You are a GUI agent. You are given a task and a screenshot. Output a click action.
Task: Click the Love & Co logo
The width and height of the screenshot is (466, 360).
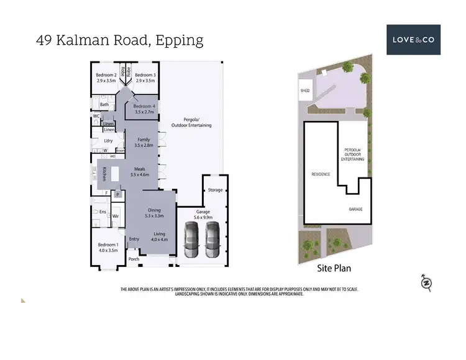[x=413, y=40]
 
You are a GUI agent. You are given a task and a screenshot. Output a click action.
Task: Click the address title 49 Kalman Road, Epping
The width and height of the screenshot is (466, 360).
[x=120, y=41]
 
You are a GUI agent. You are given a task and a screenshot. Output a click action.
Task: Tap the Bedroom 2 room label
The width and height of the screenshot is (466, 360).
[x=107, y=78]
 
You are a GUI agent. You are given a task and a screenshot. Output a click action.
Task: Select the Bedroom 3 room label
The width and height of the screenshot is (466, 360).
[x=145, y=78]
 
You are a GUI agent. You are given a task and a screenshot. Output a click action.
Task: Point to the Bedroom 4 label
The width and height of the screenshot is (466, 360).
[x=145, y=109]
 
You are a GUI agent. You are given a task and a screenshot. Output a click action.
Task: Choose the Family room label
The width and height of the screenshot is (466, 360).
[x=144, y=142]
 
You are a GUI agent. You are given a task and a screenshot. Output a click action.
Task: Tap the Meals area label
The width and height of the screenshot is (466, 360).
[x=137, y=172]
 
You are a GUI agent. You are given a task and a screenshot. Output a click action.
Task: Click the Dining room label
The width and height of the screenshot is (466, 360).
[x=154, y=213]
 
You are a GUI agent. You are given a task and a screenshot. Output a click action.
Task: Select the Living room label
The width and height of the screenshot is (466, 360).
[x=159, y=236]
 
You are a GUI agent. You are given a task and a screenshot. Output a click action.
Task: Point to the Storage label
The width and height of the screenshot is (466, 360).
[x=215, y=190]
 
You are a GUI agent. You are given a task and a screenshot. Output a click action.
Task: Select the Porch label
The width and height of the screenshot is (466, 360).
[x=134, y=259]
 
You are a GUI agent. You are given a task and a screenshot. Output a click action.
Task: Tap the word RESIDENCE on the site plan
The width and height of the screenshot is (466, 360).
[x=320, y=174]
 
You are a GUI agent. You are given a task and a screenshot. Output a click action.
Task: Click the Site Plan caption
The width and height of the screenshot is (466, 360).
[x=334, y=268]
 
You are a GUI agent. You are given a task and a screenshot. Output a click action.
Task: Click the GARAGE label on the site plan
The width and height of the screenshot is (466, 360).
[x=355, y=210]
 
